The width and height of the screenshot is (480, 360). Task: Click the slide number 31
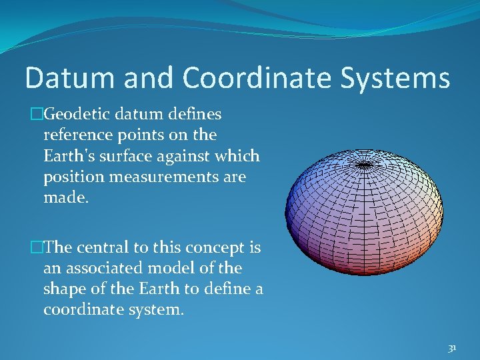point(452,348)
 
